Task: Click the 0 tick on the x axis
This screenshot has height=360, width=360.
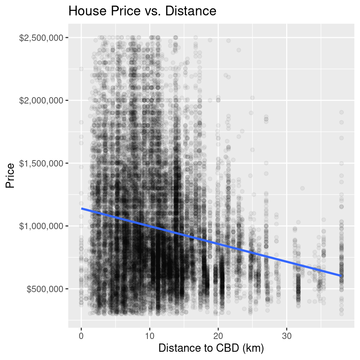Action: (81, 335)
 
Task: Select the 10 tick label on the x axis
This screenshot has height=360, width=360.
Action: (150, 335)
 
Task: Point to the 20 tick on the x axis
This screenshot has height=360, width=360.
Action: (218, 335)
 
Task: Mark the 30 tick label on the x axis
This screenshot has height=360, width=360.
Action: (287, 335)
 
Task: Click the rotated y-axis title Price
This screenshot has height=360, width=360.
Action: (10, 175)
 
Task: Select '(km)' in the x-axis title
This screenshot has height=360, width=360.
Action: (253, 348)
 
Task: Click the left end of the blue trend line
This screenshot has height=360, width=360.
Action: (81, 208)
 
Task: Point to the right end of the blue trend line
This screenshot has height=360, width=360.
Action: (341, 276)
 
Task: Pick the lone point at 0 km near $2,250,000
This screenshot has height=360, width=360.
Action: (81, 69)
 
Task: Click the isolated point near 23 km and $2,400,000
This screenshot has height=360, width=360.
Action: (239, 50)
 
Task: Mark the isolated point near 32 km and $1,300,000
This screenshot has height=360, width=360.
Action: (302, 188)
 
